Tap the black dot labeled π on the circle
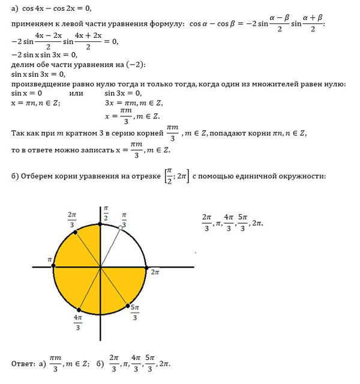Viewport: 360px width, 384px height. pos(54,266)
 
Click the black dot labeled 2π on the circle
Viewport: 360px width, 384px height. pos(147,266)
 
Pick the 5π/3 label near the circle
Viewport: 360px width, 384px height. pos(135,312)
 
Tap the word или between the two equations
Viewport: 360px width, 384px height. pos(76,94)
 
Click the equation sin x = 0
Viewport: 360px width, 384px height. pos(27,94)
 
